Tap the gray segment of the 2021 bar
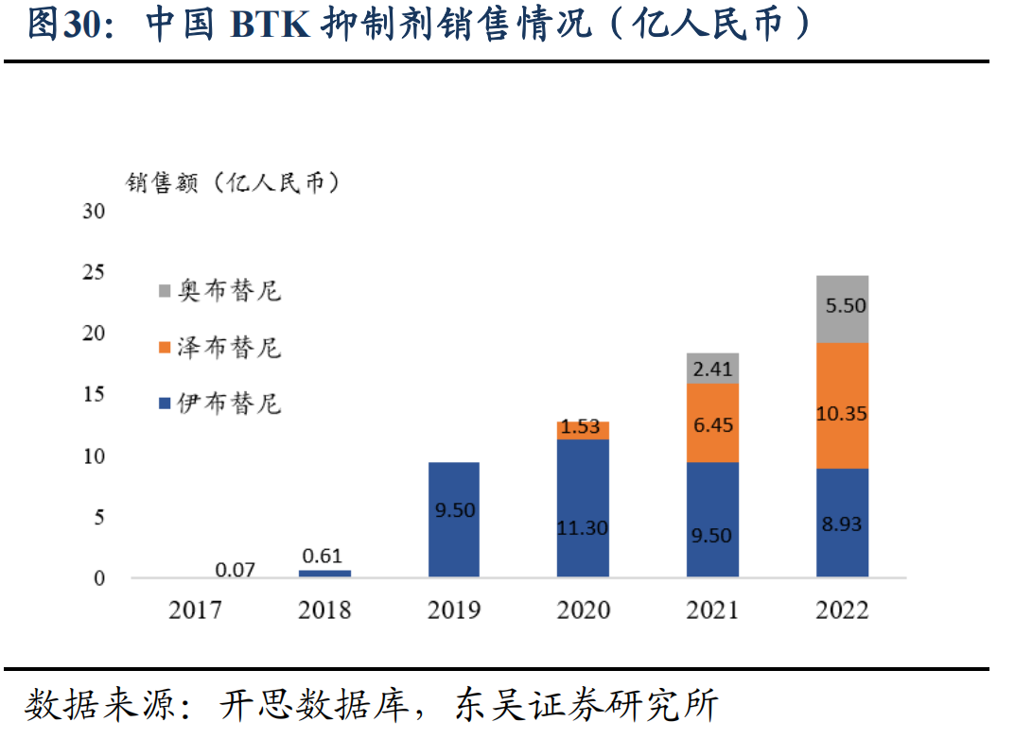(x=712, y=368)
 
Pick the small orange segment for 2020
(x=583, y=430)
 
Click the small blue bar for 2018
(x=324, y=573)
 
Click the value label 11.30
(x=582, y=528)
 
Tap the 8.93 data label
(x=842, y=524)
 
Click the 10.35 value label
(x=841, y=414)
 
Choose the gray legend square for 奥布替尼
(x=164, y=290)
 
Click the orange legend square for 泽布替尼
(x=164, y=347)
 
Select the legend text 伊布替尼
(x=230, y=404)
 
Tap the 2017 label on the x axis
(x=195, y=610)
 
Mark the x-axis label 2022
(x=842, y=610)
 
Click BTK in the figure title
(x=270, y=26)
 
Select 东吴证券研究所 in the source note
(x=586, y=705)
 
